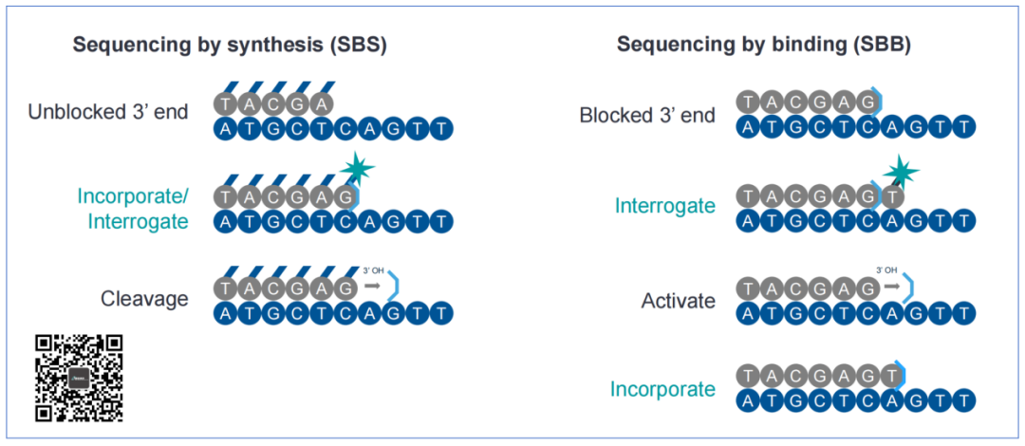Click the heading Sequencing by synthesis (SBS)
click(230, 45)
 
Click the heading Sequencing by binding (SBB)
click(763, 45)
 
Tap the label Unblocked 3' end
click(108, 111)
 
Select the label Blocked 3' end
click(647, 116)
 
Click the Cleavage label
click(144, 299)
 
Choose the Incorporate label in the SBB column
click(662, 389)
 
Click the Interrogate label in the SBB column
click(664, 206)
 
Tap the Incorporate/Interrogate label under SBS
click(133, 208)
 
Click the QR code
click(80, 377)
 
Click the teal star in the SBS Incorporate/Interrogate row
click(358, 170)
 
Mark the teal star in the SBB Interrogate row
click(900, 174)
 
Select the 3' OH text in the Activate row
click(885, 269)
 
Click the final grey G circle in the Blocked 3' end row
click(866, 102)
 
